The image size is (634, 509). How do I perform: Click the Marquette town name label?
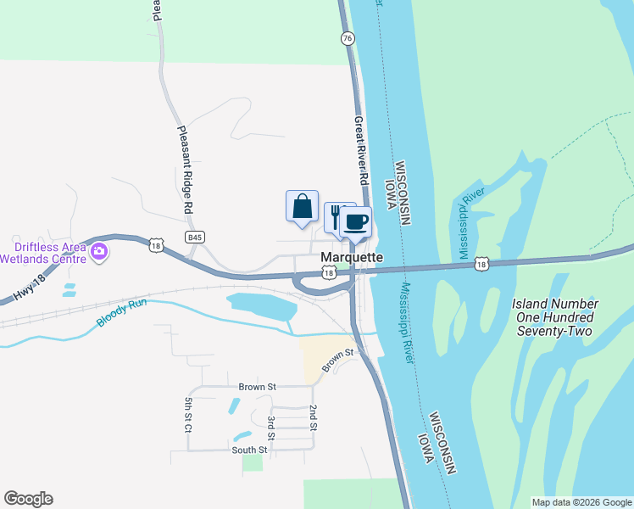[352, 257]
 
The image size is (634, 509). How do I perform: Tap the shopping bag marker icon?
[302, 206]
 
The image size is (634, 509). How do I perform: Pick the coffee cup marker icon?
[356, 222]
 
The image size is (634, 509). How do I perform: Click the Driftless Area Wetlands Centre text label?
[43, 252]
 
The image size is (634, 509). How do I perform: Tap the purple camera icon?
[99, 250]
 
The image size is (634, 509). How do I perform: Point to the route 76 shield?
[347, 39]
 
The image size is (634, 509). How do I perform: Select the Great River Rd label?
[362, 152]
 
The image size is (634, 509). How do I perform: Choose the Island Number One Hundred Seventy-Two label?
[555, 317]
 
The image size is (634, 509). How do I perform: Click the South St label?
[251, 450]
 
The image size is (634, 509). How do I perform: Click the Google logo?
[28, 499]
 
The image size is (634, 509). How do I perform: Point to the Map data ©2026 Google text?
[581, 502]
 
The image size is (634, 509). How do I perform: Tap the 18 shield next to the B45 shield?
[155, 245]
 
